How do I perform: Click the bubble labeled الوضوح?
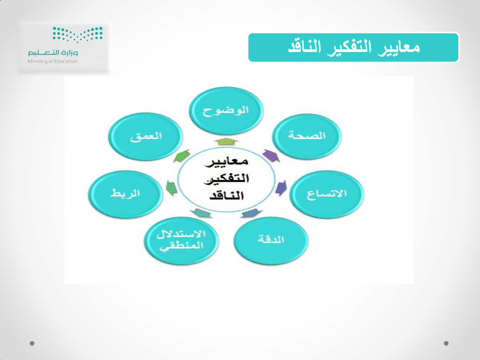coord(226,111)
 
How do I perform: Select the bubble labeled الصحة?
coord(307,136)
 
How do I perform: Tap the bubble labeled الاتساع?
coord(327,194)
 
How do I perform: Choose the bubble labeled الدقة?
coord(271,240)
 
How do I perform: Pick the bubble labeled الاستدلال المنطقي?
coord(181,241)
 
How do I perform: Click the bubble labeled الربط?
coord(126,194)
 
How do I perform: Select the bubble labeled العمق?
coord(146,136)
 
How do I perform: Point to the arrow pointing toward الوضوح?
coord(226,142)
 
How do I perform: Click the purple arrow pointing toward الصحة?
coord(271,156)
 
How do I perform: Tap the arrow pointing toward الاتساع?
coord(281,188)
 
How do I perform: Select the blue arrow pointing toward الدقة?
coord(252,213)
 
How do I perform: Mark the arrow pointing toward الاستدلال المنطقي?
coord(201,213)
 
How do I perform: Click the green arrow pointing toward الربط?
coord(172,188)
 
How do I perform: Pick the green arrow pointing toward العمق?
coord(182,156)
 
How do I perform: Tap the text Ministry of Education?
coord(53,62)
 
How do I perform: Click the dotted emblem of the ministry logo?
coord(78,34)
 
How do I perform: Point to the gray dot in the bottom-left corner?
coord(32,343)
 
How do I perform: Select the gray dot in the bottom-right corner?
coord(446,343)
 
